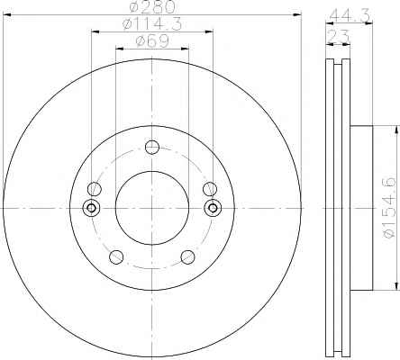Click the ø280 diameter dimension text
tap(152, 6)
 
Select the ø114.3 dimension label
tap(152, 24)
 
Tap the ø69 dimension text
tap(152, 41)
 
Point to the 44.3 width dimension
tap(350, 15)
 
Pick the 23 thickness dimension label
tap(338, 37)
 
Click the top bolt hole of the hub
tap(152, 147)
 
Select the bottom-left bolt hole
tap(116, 257)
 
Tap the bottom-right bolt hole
tap(187, 257)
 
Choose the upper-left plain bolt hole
tap(95, 189)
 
